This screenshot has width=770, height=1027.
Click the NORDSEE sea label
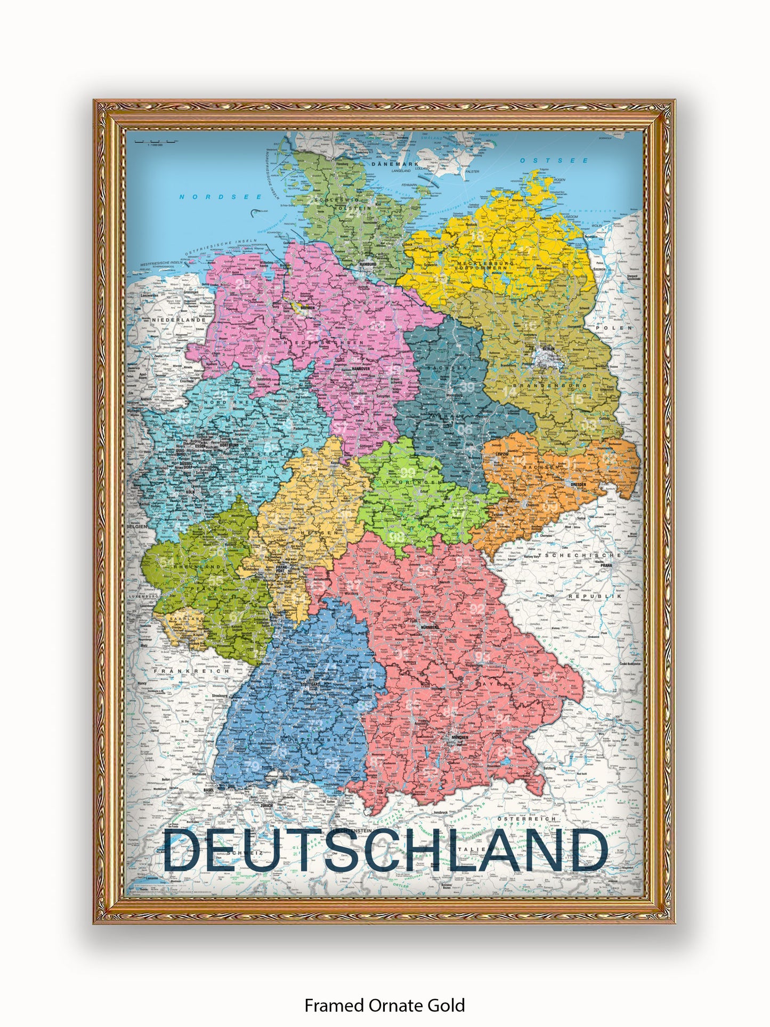pyautogui.click(x=220, y=197)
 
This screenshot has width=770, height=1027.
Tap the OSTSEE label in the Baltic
pyautogui.click(x=555, y=161)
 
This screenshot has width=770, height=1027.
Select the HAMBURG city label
pyautogui.click(x=368, y=264)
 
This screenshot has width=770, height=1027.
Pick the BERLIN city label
pyautogui.click(x=548, y=350)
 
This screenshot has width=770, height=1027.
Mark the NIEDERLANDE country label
pyautogui.click(x=171, y=320)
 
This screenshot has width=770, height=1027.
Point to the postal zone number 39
pyautogui.click(x=467, y=387)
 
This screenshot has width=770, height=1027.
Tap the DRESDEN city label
pyautogui.click(x=578, y=484)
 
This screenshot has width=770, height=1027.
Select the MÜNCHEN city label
pyautogui.click(x=458, y=737)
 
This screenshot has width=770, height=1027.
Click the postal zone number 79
pyautogui.click(x=253, y=766)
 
